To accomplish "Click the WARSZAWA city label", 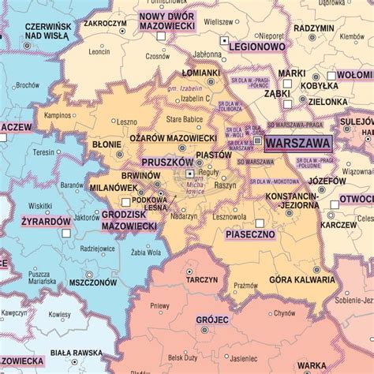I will [298, 144].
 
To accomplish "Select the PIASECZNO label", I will [249, 234].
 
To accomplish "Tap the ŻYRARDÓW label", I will [47, 221].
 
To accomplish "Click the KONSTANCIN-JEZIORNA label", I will [292, 200].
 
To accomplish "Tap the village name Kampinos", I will [58, 115].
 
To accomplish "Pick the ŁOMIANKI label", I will [201, 73].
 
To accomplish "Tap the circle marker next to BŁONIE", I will [120, 144].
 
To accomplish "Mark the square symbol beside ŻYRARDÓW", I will [66, 234].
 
